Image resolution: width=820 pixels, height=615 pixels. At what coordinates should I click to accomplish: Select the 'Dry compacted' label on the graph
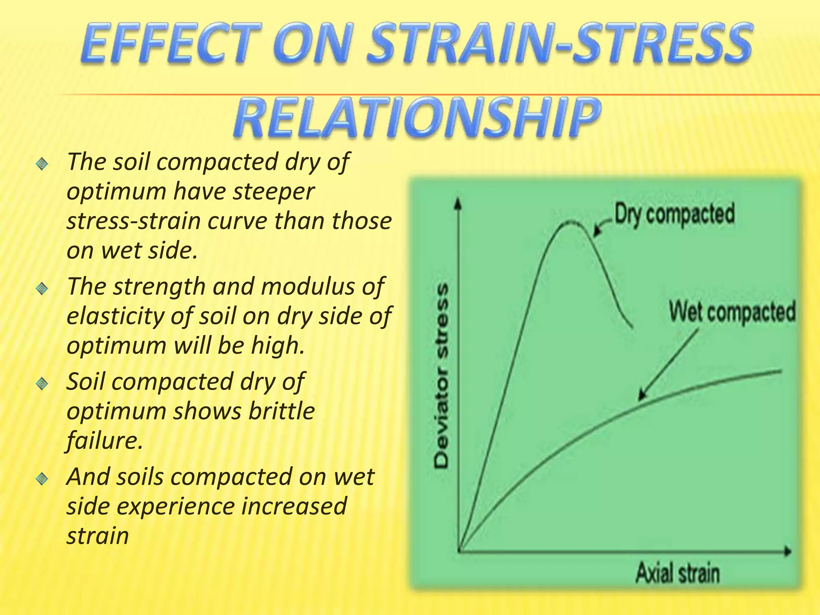674,214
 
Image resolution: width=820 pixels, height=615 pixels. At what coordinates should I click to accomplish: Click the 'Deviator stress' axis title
442,376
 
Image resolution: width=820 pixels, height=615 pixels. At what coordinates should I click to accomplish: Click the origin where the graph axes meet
460,551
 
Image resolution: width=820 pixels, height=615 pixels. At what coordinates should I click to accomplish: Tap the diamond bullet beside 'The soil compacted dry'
42,164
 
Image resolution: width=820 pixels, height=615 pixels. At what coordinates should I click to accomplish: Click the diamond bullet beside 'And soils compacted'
42,478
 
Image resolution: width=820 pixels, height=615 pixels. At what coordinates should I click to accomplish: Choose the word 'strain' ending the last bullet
98,536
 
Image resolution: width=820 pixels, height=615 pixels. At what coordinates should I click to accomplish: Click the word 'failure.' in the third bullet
105,440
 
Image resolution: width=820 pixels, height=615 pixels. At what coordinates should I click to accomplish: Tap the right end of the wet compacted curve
780,371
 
